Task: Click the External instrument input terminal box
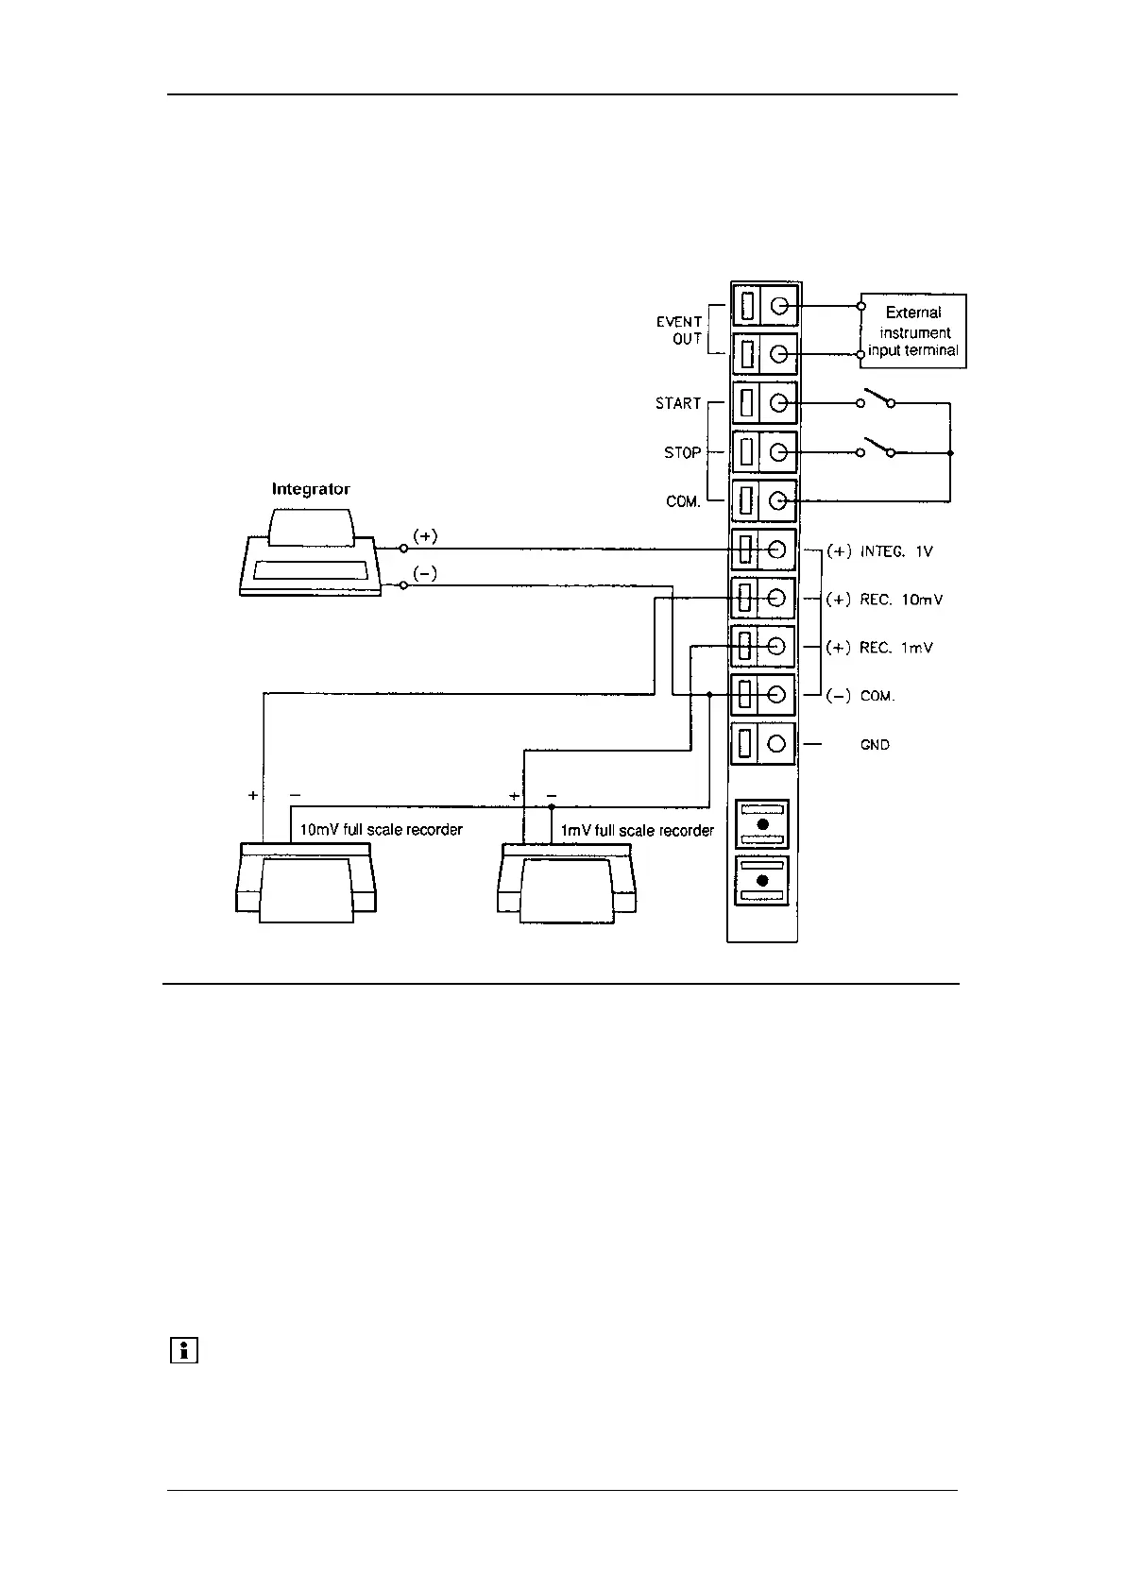point(912,331)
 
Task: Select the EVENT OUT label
point(680,330)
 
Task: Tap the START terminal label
point(678,404)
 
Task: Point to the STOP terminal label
point(682,453)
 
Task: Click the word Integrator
point(311,489)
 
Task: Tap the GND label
point(875,746)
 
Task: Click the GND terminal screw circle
point(777,744)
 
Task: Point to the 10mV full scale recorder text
point(381,830)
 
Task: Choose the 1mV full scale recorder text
point(638,831)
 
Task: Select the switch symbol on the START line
point(877,399)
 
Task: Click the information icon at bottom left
point(183,1351)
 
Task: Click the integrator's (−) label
point(425,574)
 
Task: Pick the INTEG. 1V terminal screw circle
point(778,550)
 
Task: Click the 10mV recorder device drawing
point(305,884)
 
